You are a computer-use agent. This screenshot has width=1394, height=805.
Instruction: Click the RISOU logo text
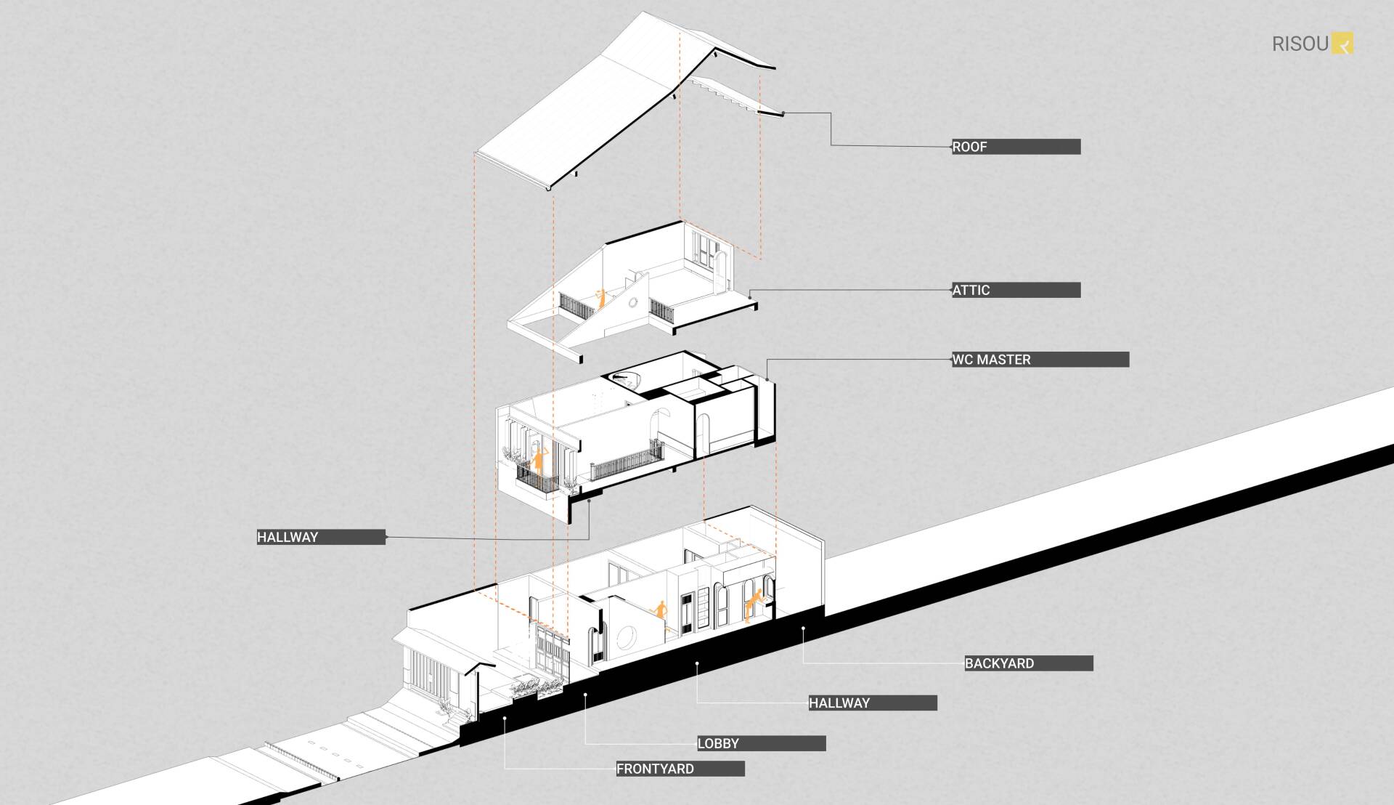1300,44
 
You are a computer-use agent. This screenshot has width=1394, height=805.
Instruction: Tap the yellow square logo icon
1342,44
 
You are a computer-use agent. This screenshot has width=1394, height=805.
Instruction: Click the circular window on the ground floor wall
626,639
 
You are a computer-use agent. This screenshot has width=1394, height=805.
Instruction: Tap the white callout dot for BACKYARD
803,629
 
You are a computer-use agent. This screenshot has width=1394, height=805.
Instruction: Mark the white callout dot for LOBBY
585,695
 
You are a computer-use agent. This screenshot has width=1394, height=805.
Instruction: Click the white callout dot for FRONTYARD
505,719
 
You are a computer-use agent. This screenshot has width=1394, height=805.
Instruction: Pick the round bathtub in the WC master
624,377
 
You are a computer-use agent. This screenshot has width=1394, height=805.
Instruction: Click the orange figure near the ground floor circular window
661,610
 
